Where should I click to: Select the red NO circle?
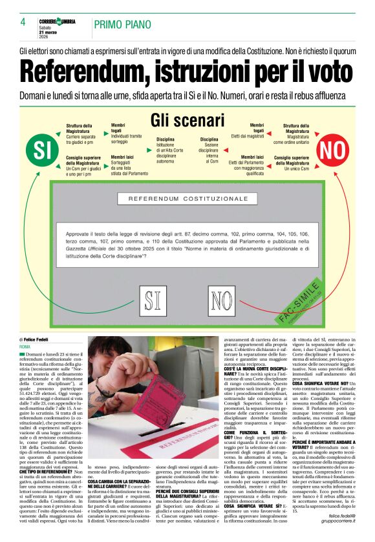pyautogui.click(x=332, y=150)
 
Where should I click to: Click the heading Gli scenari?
pyautogui.click(x=187, y=121)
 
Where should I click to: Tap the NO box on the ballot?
pyautogui.click(x=224, y=300)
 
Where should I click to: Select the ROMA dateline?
pyautogui.click(x=25, y=347)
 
